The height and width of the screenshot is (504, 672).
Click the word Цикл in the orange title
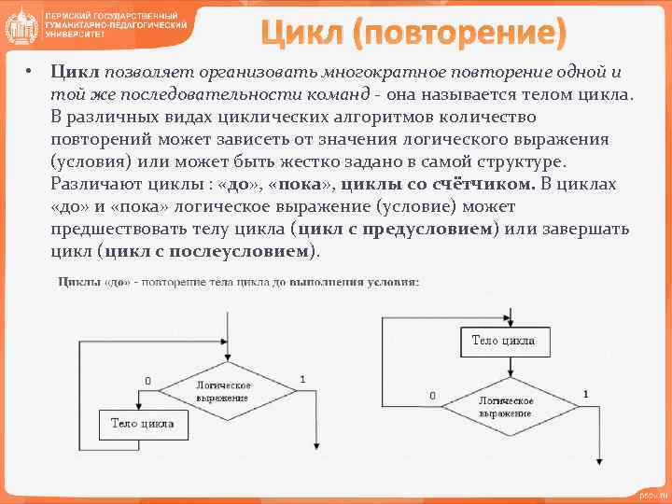(x=304, y=35)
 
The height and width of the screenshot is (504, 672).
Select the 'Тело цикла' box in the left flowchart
(x=143, y=424)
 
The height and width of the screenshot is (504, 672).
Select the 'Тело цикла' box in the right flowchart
(x=503, y=342)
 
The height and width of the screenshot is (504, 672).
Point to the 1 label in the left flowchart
(x=302, y=380)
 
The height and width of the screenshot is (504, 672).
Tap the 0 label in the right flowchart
(x=432, y=396)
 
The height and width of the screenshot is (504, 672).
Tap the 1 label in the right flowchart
(x=585, y=395)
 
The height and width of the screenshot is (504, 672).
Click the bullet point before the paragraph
(x=30, y=72)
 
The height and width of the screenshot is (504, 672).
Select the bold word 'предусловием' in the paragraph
(x=432, y=229)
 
